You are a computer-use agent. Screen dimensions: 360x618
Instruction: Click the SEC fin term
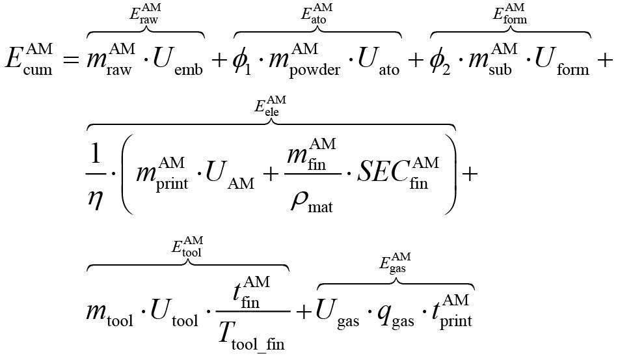(401, 173)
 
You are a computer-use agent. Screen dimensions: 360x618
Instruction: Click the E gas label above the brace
(395, 265)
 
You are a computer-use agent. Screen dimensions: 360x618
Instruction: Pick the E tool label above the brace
(187, 247)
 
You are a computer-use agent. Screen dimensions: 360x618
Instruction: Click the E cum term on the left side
(29, 59)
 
